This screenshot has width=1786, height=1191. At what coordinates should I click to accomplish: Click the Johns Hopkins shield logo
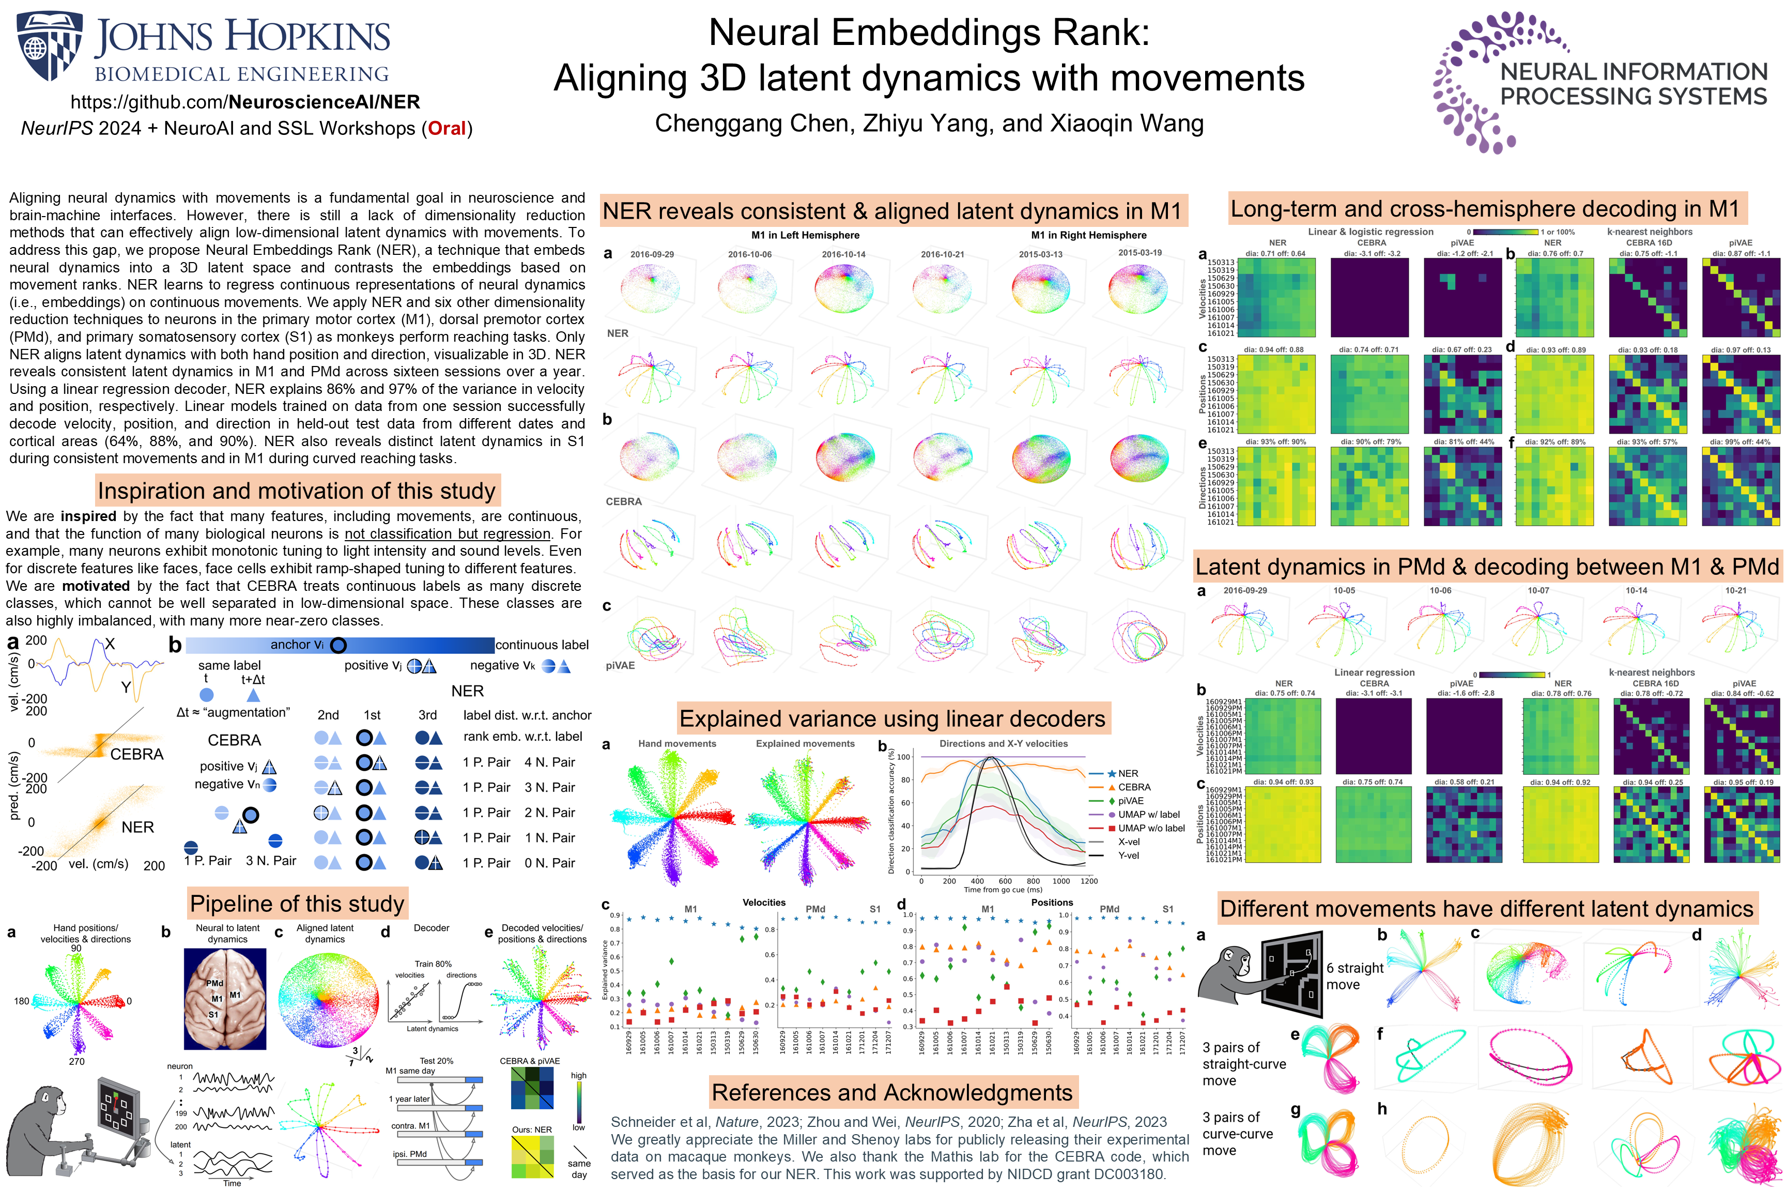[x=50, y=45]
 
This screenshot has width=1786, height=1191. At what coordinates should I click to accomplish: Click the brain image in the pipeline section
[x=225, y=998]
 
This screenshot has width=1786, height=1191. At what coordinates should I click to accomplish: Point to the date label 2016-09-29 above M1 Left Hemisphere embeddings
[x=652, y=254]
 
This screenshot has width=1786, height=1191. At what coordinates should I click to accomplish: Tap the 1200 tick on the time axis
[x=1089, y=881]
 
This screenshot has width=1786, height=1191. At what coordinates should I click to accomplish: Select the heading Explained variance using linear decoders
[x=892, y=719]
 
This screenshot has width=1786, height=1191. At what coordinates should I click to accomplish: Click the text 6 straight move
[x=1354, y=976]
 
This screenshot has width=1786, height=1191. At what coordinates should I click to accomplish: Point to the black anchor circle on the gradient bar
[x=338, y=645]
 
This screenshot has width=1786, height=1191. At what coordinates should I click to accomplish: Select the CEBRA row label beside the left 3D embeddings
[x=623, y=501]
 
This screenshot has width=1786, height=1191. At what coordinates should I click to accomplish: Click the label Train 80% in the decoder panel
[x=433, y=964]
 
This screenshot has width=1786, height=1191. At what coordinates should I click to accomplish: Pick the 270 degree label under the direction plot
[x=76, y=1061]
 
